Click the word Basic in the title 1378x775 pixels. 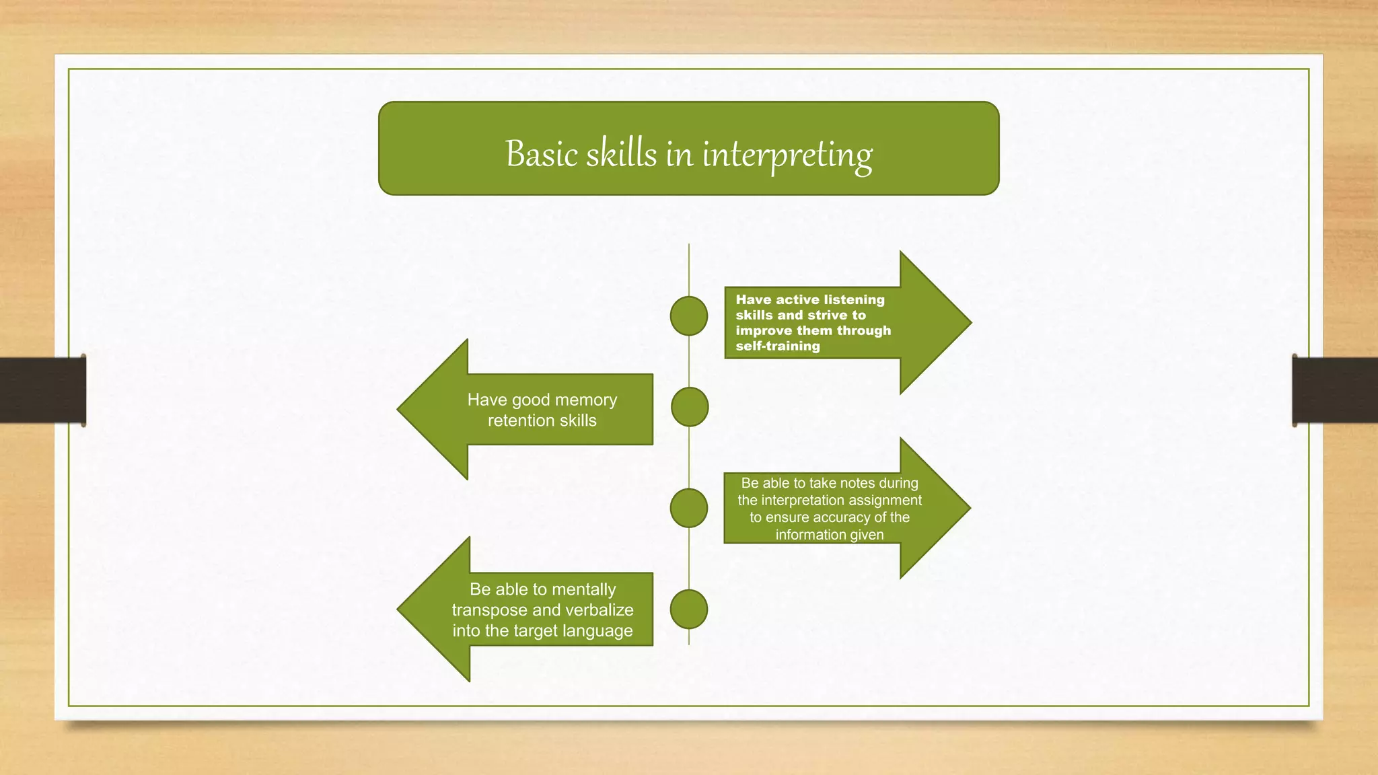(x=542, y=154)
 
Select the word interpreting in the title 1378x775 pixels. (x=787, y=155)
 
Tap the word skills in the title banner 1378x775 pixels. (x=621, y=154)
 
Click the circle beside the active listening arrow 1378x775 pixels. (x=689, y=316)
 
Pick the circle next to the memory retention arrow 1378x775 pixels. (x=690, y=407)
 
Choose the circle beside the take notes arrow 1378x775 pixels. (x=689, y=508)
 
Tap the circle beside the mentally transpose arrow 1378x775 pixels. (x=689, y=609)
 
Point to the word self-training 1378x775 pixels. (x=778, y=346)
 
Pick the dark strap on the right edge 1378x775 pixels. (x=1336, y=390)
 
